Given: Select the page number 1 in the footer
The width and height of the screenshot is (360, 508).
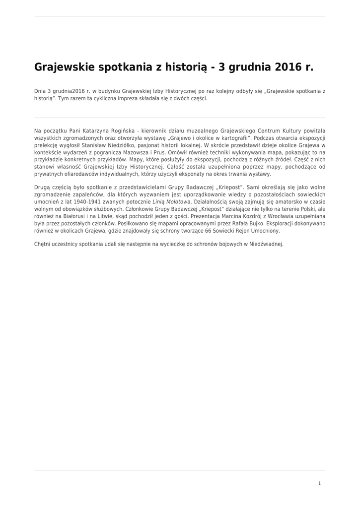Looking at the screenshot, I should click(319, 483).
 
